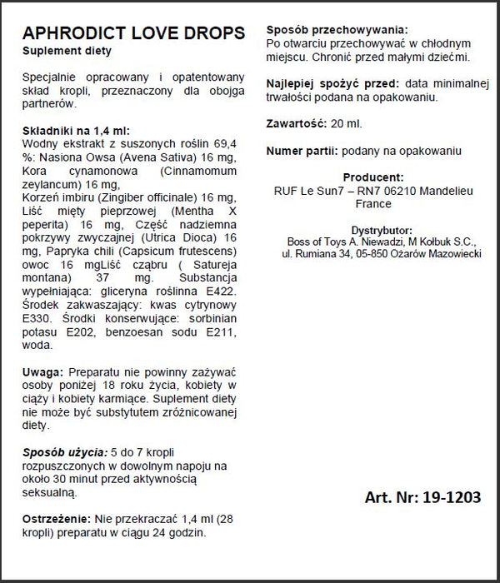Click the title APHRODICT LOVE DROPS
(133, 33)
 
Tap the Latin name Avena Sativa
(172, 160)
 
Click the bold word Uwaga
(41, 371)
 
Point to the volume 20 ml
(347, 124)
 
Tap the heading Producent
(372, 177)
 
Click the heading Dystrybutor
(372, 229)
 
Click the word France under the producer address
(372, 202)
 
